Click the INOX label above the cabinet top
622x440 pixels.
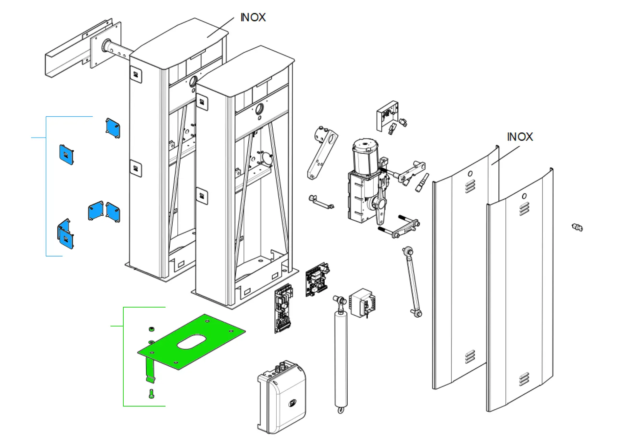pyautogui.click(x=253, y=17)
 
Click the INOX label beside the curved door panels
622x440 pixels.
pyautogui.click(x=520, y=137)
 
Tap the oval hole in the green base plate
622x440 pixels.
pyautogui.click(x=192, y=342)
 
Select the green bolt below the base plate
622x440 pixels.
pyautogui.click(x=151, y=394)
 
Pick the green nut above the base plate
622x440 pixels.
pyautogui.click(x=152, y=329)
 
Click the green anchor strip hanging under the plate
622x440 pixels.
pyautogui.click(x=150, y=370)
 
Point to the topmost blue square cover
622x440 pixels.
pyautogui.click(x=113, y=128)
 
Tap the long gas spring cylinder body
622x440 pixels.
pyautogui.click(x=341, y=358)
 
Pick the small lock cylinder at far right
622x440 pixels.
pyautogui.click(x=577, y=227)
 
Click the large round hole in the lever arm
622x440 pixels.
pyautogui.click(x=332, y=139)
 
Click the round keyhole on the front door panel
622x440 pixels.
pyautogui.click(x=524, y=196)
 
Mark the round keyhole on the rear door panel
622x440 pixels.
pyautogui.click(x=470, y=174)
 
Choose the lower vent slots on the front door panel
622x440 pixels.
pyautogui.click(x=524, y=379)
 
